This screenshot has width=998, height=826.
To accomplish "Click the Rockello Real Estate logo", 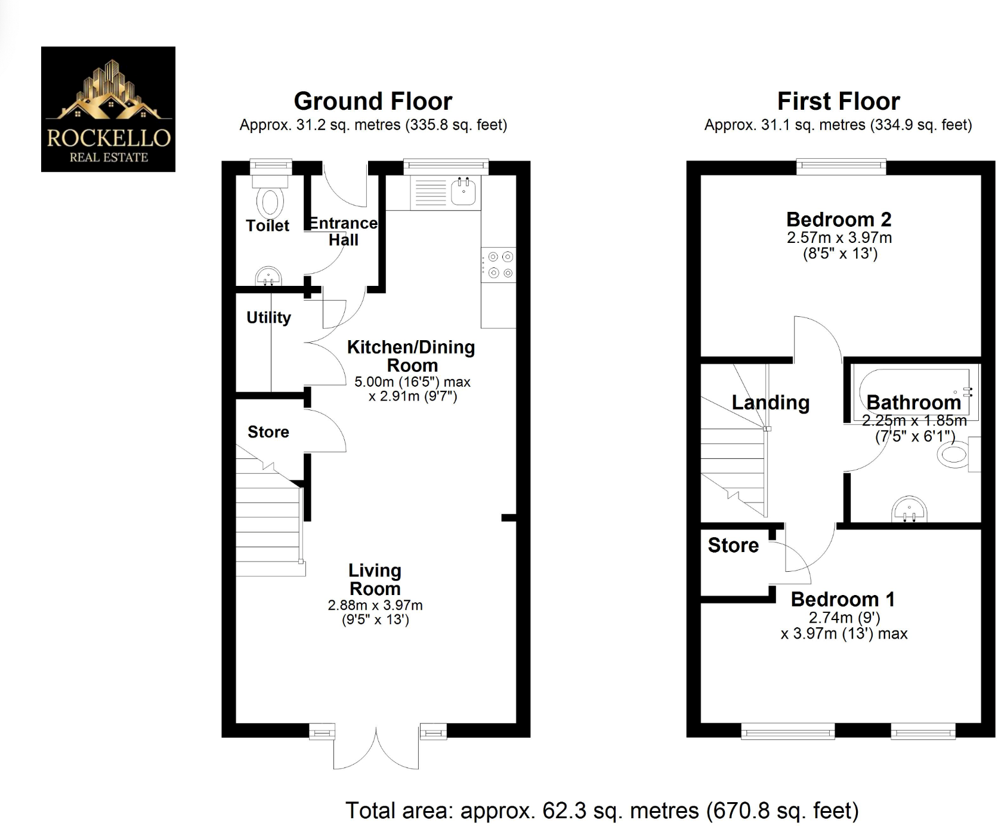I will pos(108,109).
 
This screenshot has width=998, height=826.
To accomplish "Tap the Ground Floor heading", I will pos(373,101).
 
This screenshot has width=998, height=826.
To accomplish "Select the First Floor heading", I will pos(838,101).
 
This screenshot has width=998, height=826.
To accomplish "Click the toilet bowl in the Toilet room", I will pos(270,203).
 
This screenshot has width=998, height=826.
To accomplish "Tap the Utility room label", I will pos(268,318).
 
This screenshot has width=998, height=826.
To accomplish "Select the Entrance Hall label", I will pos(343,231).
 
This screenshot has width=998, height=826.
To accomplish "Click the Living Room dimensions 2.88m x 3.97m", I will pos(375,605).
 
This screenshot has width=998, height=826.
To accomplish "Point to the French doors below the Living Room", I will pos(376,749).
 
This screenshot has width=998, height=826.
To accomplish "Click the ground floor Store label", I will pos(268,432).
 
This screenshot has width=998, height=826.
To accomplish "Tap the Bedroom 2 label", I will pos(838,220).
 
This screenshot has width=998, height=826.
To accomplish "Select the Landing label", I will pos(770,403).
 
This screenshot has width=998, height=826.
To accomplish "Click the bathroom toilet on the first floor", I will pos(953,455).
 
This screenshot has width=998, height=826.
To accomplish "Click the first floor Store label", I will pos(733,545).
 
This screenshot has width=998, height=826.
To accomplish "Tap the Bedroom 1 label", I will pos(842,599).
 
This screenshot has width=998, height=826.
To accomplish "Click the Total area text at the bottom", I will pos(601,810).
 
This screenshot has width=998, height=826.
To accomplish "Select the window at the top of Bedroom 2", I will pos(841,167).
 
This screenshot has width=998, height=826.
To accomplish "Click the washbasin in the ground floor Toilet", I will pos(268,277).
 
